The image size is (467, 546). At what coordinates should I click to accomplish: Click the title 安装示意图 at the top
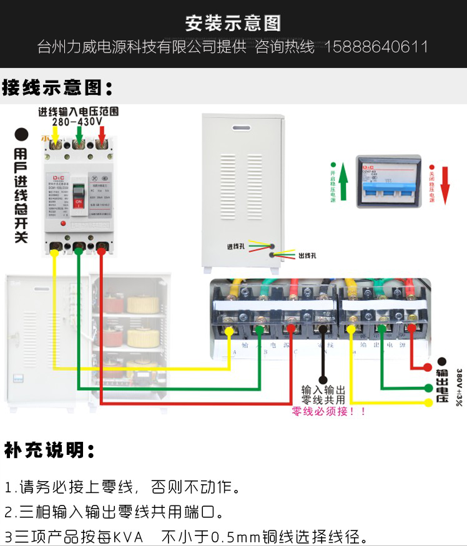[233, 24]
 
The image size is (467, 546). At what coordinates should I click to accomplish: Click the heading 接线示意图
[57, 87]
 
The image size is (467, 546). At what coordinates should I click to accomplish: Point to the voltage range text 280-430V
[77, 122]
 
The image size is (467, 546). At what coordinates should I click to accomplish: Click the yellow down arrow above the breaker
[56, 135]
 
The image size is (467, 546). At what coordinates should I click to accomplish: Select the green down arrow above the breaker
[79, 135]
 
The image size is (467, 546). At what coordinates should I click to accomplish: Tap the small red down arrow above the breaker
[102, 135]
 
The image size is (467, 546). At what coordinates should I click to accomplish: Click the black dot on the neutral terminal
[322, 329]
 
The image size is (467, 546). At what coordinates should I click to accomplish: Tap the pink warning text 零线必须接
[328, 412]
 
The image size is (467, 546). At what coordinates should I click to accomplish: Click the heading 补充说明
[50, 450]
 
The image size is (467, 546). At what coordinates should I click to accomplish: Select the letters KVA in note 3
[128, 537]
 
